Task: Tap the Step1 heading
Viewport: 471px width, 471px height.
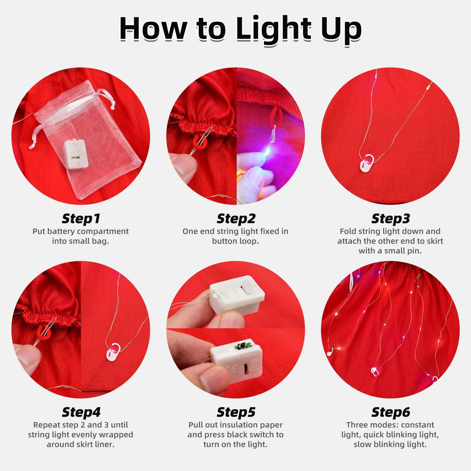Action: click(81, 218)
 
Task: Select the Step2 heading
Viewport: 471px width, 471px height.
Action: click(236, 218)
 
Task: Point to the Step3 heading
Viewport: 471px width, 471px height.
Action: click(391, 218)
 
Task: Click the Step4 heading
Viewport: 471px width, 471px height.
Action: click(81, 412)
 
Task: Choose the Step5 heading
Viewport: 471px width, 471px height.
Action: click(236, 412)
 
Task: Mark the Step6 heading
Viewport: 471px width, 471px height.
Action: click(391, 412)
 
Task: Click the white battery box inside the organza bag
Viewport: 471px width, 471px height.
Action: click(76, 154)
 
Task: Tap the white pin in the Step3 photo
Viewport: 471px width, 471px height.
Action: click(367, 163)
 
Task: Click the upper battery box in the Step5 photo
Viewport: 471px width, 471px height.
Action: click(236, 295)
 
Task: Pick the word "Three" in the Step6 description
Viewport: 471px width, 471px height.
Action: click(358, 425)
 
